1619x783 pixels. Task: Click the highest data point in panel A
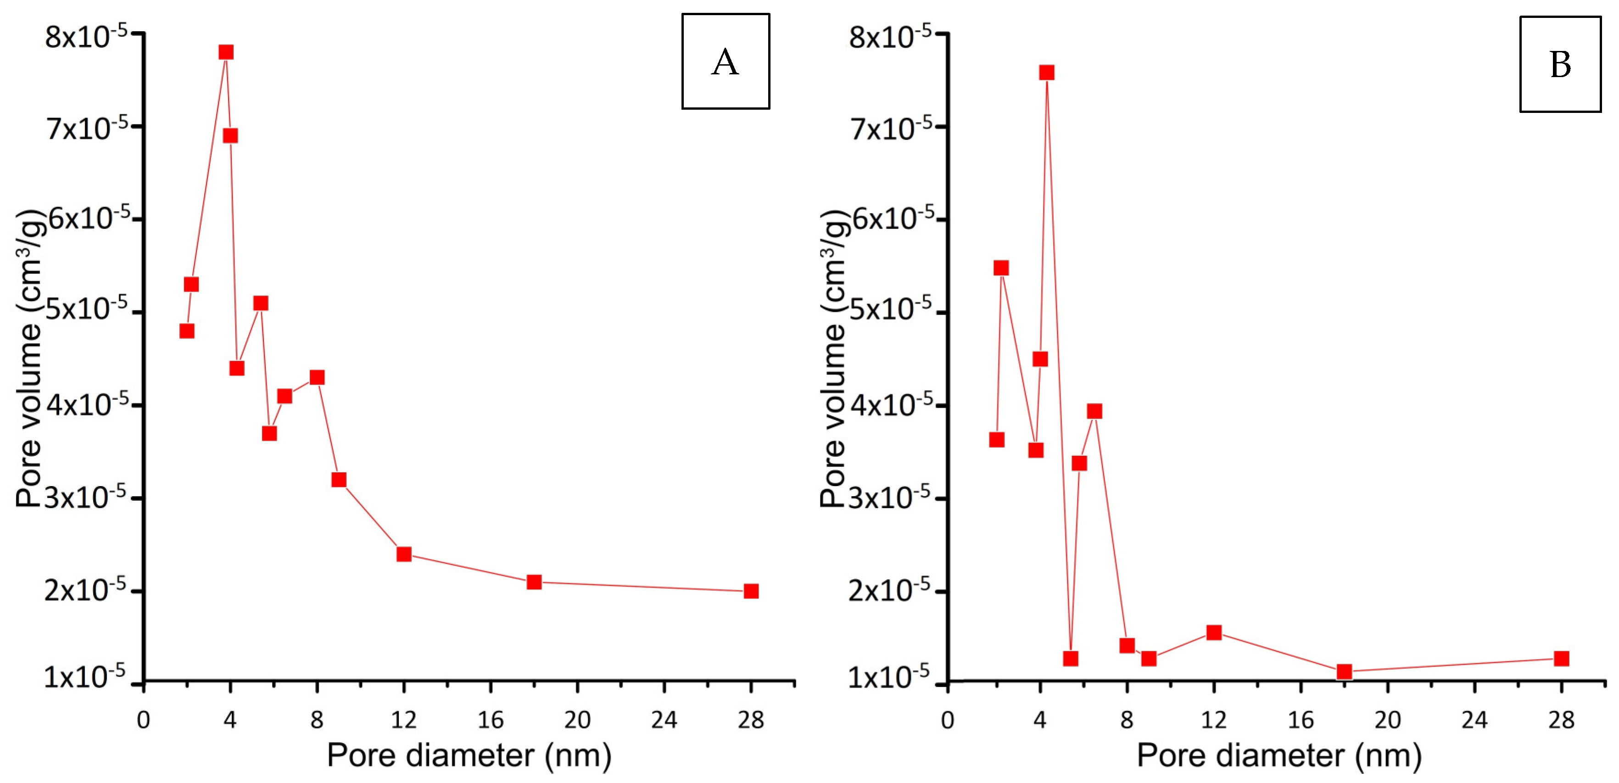pos(226,52)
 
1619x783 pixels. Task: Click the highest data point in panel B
pos(1046,72)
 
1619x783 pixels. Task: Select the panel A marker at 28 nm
pos(751,591)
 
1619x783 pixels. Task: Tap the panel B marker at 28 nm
pos(1561,658)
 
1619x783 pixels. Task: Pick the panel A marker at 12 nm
pos(404,554)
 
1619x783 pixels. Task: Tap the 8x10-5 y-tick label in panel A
pos(86,36)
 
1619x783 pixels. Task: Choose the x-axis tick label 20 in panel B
pos(1388,720)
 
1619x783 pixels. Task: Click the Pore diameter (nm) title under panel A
pos(469,755)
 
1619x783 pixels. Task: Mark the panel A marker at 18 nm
pos(534,582)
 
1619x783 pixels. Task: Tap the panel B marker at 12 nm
pos(1214,632)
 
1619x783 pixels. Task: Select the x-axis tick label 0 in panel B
pos(948,720)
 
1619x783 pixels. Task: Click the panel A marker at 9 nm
pos(339,480)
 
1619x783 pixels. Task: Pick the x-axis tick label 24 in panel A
pos(664,720)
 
